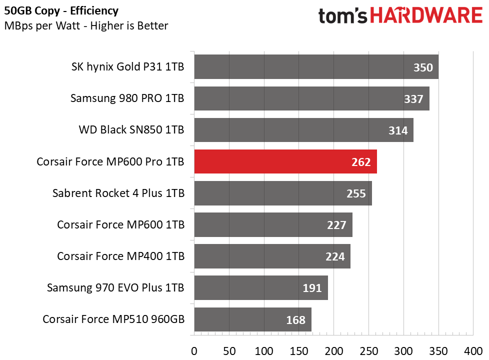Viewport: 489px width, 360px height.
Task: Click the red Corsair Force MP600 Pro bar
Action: [285, 161]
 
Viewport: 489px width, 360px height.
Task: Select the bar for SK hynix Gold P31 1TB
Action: [316, 67]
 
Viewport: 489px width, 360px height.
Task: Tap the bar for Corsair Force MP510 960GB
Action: [252, 319]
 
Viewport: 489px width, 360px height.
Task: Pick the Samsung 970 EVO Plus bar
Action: [260, 288]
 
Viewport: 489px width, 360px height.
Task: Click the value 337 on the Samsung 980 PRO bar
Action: [413, 99]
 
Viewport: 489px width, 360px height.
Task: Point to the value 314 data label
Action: [398, 130]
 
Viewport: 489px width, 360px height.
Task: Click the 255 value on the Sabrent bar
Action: [356, 193]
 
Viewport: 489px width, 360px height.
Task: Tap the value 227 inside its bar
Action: [336, 225]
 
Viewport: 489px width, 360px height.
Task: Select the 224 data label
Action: [335, 256]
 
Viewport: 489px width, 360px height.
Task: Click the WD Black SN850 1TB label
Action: [131, 130]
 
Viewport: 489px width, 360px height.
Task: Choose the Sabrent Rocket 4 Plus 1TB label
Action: [118, 193]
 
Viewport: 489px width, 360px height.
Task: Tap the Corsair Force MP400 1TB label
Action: [120, 256]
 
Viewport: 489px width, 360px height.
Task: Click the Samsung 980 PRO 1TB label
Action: [127, 98]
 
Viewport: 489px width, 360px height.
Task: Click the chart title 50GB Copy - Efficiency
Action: [61, 10]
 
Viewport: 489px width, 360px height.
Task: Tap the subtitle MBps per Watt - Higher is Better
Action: [86, 25]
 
